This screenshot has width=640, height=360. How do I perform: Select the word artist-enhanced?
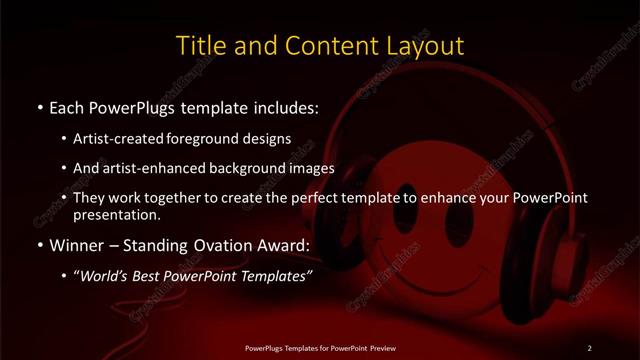point(153,168)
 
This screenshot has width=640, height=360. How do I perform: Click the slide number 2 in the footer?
point(589,348)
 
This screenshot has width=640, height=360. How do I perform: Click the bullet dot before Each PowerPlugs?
point(38,104)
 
